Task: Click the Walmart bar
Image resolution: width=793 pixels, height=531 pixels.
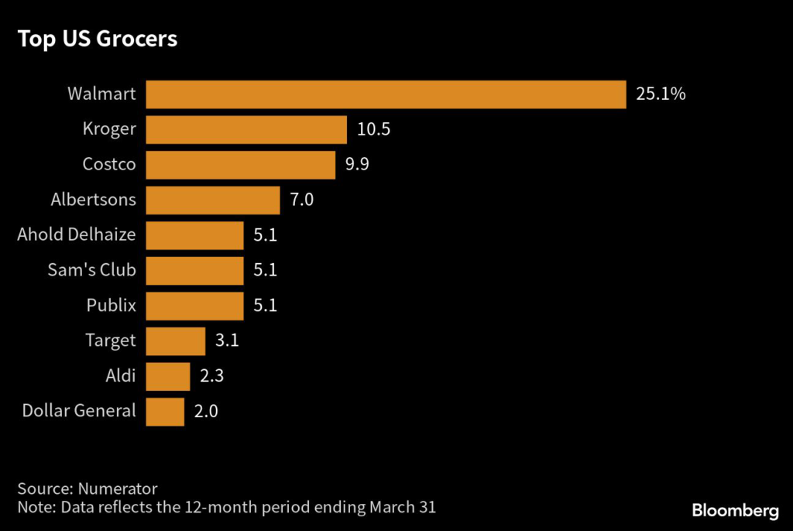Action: pyautogui.click(x=386, y=94)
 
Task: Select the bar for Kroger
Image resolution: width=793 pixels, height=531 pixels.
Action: pyautogui.click(x=246, y=129)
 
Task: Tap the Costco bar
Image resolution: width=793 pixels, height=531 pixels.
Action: pyautogui.click(x=240, y=165)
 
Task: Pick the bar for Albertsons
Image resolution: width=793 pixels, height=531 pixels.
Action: pyautogui.click(x=213, y=200)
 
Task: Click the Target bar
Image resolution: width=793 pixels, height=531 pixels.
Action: pyautogui.click(x=176, y=341)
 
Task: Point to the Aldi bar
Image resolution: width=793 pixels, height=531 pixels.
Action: pyautogui.click(x=168, y=376)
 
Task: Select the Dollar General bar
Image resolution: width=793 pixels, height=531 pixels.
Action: pyautogui.click(x=165, y=411)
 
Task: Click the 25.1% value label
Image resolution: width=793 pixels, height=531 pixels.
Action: pyautogui.click(x=661, y=94)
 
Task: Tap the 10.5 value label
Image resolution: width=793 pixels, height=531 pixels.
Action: pyautogui.click(x=373, y=129)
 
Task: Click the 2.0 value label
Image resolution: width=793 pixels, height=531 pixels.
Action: pyautogui.click(x=206, y=411)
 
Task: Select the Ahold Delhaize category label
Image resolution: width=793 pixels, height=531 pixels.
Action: pyautogui.click(x=77, y=235)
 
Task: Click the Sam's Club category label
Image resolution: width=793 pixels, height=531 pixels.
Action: pyautogui.click(x=91, y=270)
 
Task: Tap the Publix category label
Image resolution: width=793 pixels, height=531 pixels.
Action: pyautogui.click(x=111, y=306)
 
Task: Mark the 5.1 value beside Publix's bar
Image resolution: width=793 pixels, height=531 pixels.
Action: pyautogui.click(x=266, y=306)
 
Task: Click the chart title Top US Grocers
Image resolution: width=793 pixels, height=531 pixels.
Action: pyautogui.click(x=98, y=39)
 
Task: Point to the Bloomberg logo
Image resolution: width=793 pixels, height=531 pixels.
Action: pyautogui.click(x=734, y=511)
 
